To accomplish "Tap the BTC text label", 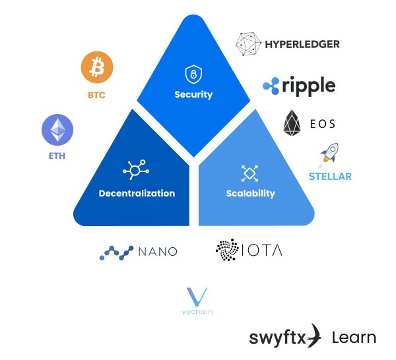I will coord(96,96).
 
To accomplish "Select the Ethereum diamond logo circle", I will coord(57,130).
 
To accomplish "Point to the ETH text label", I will coord(57,157).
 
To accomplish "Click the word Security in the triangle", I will coord(193,94).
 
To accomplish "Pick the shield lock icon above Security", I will coord(193,73).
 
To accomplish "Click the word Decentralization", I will coord(137,193).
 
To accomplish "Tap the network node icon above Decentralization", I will coord(136,171).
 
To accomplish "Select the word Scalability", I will coord(250,193).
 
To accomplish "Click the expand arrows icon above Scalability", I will coord(249,173).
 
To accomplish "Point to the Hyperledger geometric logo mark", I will coord(249,44).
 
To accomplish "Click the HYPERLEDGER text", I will coord(302,45).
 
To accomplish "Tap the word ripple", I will coord(308,85).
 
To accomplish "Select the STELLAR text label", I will coord(330,177).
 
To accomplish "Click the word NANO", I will coord(158,252).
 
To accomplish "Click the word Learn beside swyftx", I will coord(354,338).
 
